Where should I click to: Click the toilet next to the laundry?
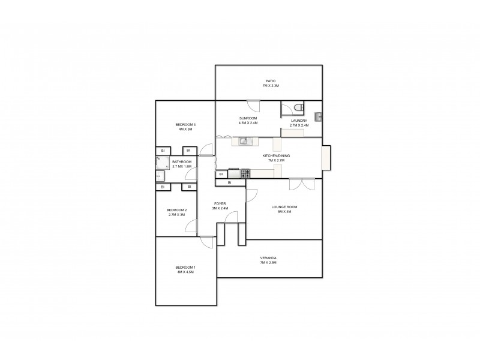pyautogui.click(x=298, y=108)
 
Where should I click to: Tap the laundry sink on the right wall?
pyautogui.click(x=319, y=115)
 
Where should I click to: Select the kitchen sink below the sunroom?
pyautogui.click(x=244, y=142)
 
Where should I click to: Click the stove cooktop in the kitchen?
pyautogui.click(x=245, y=173)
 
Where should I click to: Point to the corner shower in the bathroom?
pyautogui.click(x=160, y=161)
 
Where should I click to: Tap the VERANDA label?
pyautogui.click(x=268, y=258)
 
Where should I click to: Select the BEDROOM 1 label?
pyautogui.click(x=185, y=267)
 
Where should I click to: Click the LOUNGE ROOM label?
pyautogui.click(x=284, y=206)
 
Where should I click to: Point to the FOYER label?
pyautogui.click(x=220, y=204)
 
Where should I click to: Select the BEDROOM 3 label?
pyautogui.click(x=186, y=124)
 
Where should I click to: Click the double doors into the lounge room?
pyautogui.click(x=301, y=184)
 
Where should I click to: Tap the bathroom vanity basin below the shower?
pyautogui.click(x=160, y=175)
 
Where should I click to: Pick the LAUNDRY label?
pyautogui.click(x=299, y=121)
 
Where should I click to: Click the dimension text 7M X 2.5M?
pyautogui.click(x=268, y=263)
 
